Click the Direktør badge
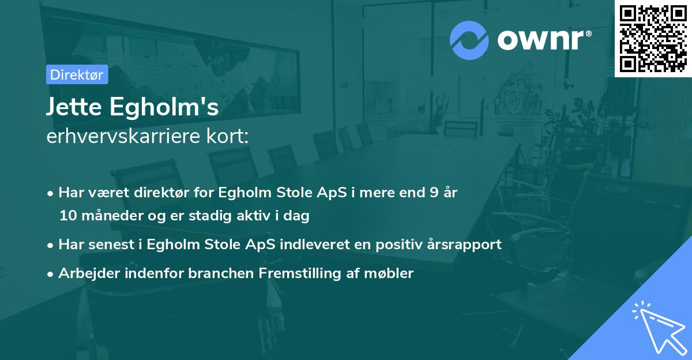(x=77, y=74)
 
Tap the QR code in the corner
(x=653, y=38)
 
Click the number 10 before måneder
(x=67, y=216)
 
